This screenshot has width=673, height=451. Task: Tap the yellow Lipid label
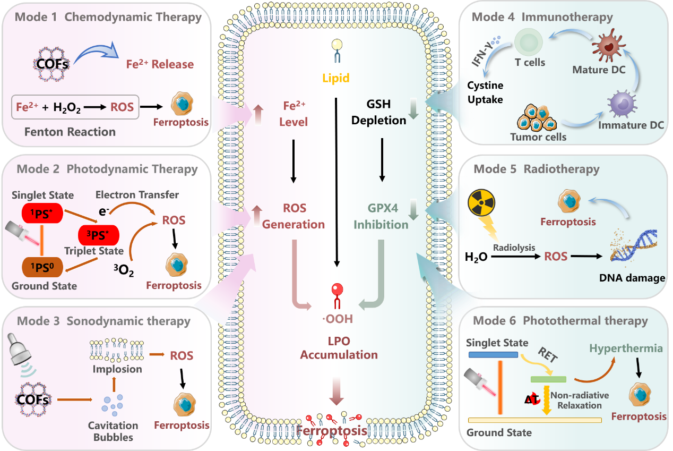pyautogui.click(x=336, y=78)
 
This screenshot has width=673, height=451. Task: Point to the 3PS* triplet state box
pyautogui.click(x=98, y=234)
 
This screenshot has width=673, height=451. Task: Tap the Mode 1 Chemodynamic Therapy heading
pyautogui.click(x=108, y=17)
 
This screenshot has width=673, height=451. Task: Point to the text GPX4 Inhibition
pyautogui.click(x=381, y=216)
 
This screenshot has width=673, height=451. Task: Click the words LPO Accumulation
pyautogui.click(x=339, y=347)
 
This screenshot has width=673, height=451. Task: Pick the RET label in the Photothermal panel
pyautogui.click(x=548, y=355)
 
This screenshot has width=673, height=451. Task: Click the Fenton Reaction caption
pyautogui.click(x=70, y=131)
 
